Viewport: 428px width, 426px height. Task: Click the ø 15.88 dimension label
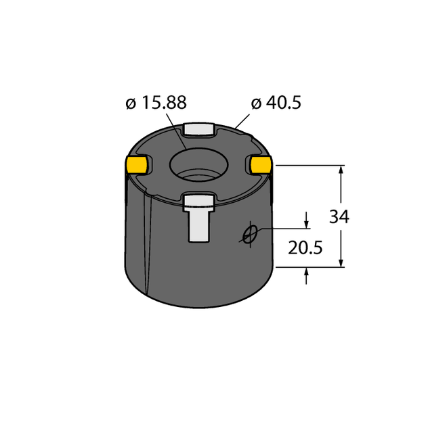[x=156, y=103]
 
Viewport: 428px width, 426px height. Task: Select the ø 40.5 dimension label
[x=276, y=103]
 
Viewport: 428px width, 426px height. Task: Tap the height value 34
[x=339, y=217]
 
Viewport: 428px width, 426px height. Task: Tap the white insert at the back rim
[x=199, y=128]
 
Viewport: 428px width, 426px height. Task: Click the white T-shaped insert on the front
[x=199, y=216]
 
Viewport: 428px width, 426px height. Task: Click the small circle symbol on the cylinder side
[x=250, y=234]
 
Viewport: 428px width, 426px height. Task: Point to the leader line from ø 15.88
[x=177, y=132]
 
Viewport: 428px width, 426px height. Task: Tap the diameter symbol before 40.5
[x=256, y=103]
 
